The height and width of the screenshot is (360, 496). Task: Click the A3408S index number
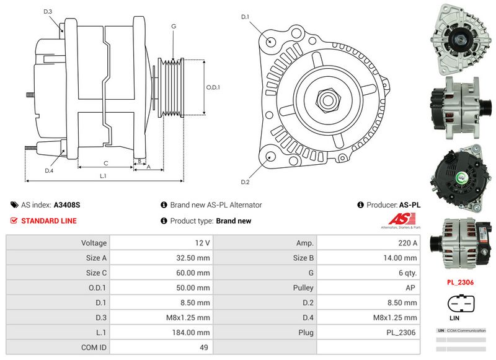click(67, 205)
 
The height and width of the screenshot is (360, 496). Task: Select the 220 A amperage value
click(407, 244)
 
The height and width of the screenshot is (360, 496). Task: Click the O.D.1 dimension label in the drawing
click(213, 87)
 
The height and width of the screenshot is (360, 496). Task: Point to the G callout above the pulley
click(174, 26)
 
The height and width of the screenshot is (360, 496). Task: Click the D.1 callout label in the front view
click(245, 17)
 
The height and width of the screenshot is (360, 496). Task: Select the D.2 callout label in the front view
click(245, 182)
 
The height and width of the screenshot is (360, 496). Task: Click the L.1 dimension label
click(104, 176)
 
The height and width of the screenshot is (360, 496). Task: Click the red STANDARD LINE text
click(49, 221)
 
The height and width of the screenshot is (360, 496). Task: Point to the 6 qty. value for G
click(407, 273)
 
